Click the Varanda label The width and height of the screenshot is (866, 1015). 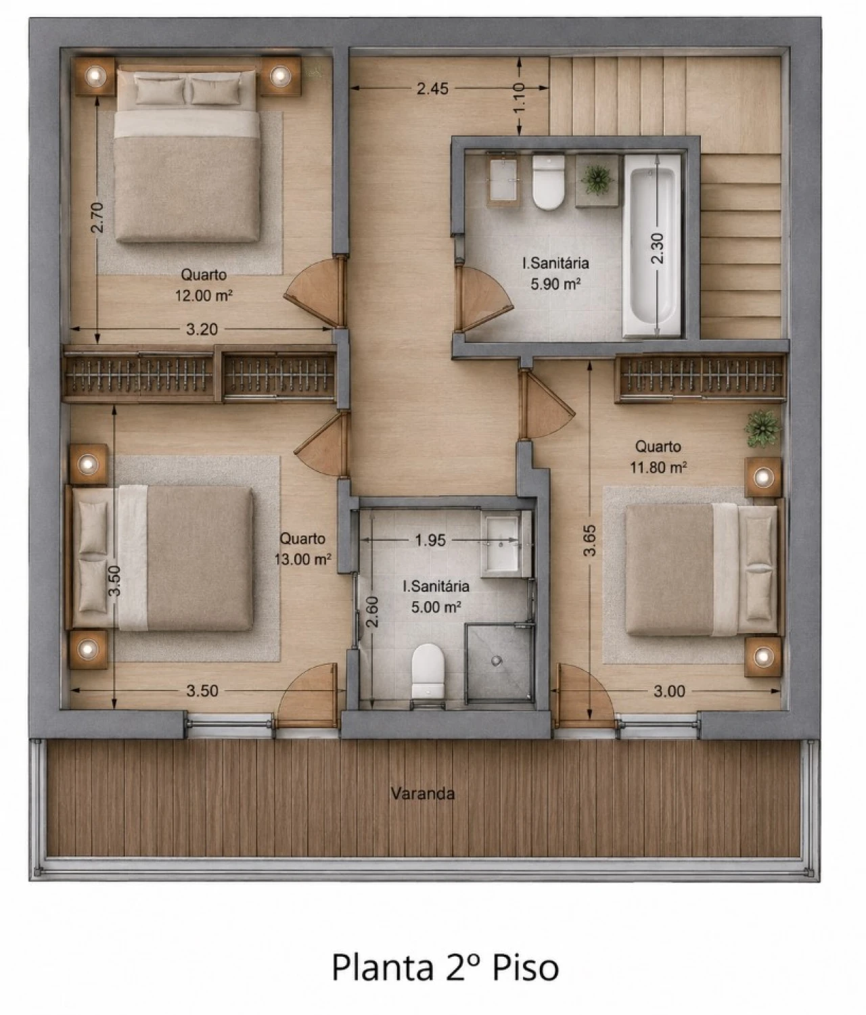click(x=422, y=793)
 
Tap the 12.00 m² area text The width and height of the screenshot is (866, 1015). click(x=204, y=296)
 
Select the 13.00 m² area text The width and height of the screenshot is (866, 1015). click(x=302, y=559)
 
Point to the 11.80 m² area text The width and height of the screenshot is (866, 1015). click(x=658, y=467)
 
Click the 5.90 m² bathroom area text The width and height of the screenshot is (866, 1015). click(x=555, y=284)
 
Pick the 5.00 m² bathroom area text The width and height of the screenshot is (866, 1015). click(x=436, y=607)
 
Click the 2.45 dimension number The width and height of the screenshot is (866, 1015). click(x=432, y=89)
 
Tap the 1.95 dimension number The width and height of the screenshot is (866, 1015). click(x=430, y=540)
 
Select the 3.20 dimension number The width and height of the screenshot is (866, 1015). click(x=202, y=329)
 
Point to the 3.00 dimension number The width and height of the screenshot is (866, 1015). click(x=669, y=691)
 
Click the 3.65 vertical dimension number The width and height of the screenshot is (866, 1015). click(x=589, y=540)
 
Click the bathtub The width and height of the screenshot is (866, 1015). click(x=652, y=246)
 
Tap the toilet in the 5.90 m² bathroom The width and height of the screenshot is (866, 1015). click(x=548, y=182)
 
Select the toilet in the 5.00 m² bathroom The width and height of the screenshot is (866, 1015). click(x=428, y=671)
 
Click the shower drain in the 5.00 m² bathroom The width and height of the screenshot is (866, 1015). click(x=497, y=661)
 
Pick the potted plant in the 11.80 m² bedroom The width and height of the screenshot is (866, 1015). click(x=762, y=429)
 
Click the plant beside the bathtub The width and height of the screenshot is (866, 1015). click(x=597, y=179)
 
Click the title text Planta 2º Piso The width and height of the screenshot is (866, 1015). click(x=445, y=967)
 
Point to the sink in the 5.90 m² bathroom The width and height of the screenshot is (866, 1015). click(x=503, y=179)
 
